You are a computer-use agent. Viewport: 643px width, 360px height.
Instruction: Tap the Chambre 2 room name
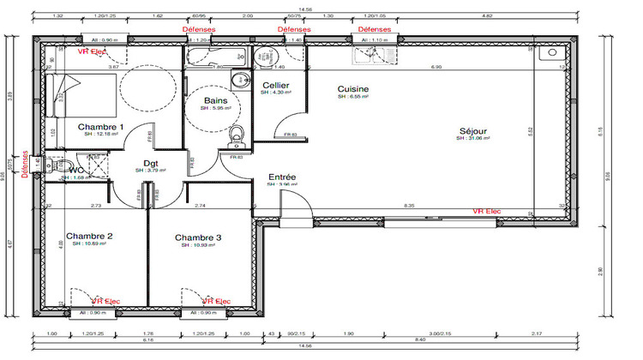pyautogui.click(x=89, y=236)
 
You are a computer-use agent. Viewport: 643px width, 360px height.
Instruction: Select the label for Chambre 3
pyautogui.click(x=198, y=237)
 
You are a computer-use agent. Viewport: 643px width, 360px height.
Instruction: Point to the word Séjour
pyautogui.click(x=472, y=130)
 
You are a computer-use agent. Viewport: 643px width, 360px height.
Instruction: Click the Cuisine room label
pyautogui.click(x=353, y=89)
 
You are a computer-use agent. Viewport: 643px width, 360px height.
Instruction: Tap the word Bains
pyautogui.click(x=216, y=101)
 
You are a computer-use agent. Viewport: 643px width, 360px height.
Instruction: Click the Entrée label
pyautogui.click(x=282, y=176)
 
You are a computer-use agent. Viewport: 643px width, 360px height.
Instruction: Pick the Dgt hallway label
pyautogui.click(x=150, y=162)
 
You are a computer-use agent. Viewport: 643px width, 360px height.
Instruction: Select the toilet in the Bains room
pyautogui.click(x=237, y=134)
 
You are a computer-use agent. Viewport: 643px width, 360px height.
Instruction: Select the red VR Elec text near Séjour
pyautogui.click(x=487, y=211)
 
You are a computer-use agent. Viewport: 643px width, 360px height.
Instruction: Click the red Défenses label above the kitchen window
pyautogui.click(x=373, y=28)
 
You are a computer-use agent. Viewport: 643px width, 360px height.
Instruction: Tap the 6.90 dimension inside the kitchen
pyautogui.click(x=436, y=67)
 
